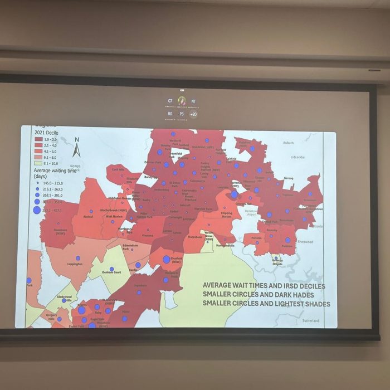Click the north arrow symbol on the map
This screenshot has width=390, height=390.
(x=77, y=148)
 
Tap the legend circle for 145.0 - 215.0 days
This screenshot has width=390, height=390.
(x=37, y=183)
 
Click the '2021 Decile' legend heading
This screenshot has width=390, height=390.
(x=47, y=133)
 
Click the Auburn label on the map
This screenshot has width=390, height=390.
(x=287, y=143)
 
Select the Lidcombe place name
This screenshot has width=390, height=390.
(x=298, y=157)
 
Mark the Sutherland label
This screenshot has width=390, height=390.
(x=311, y=321)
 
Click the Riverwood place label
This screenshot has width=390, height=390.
(x=305, y=242)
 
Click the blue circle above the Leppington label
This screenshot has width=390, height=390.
(x=78, y=258)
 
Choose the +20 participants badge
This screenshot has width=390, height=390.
(x=193, y=114)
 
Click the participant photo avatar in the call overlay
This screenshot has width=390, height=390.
(x=182, y=101)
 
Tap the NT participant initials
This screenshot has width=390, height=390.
(x=193, y=101)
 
